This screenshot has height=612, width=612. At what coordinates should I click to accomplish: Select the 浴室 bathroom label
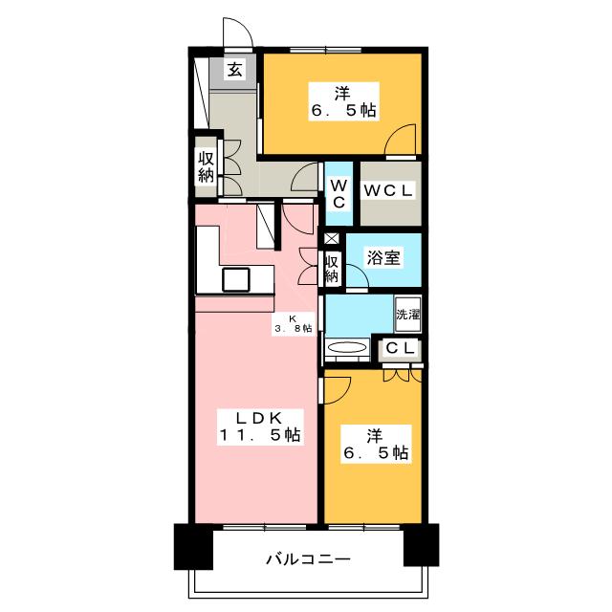point(382,257)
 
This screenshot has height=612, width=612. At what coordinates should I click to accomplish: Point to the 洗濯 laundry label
point(407,313)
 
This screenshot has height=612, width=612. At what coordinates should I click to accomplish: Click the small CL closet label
point(401,349)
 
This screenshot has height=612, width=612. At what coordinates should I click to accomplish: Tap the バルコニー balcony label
point(307,560)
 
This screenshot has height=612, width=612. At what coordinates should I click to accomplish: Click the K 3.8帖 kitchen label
point(295,322)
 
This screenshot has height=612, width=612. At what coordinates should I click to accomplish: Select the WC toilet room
point(339,191)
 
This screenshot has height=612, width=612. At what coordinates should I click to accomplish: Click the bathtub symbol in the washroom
point(347,348)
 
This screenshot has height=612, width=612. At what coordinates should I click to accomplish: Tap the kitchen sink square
point(236,279)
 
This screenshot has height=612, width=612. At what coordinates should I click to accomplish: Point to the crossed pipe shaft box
point(331,238)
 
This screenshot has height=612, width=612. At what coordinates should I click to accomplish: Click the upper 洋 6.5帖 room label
point(342,101)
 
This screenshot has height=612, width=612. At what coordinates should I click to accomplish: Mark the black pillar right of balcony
point(421,545)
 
